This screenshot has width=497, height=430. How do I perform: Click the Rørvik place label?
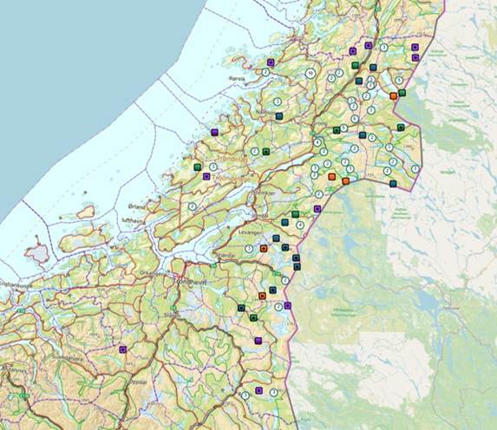[237, 77]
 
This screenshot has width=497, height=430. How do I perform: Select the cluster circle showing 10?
[310, 73]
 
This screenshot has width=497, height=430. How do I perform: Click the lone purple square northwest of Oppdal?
[122, 349]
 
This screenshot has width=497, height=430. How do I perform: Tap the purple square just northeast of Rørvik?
[271, 62]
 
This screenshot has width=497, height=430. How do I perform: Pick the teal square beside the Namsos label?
[278, 114]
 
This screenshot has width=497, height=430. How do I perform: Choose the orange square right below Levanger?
[263, 249]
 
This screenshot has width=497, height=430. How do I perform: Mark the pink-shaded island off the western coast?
[37, 253]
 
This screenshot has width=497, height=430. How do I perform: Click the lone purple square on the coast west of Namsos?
[213, 132]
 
